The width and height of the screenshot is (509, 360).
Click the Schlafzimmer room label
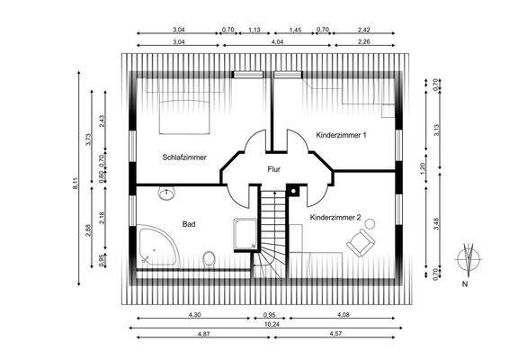184,157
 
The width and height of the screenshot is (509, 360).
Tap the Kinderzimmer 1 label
341,135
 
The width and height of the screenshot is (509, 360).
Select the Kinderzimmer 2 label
335,218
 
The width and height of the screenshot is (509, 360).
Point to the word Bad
189,224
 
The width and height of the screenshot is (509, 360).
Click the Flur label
273,169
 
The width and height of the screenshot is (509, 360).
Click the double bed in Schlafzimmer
184,117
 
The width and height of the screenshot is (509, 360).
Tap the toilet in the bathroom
209,259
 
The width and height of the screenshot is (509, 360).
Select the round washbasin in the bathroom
166,193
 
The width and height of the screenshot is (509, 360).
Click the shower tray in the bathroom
246,233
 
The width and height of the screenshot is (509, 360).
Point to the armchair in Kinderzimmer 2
361,243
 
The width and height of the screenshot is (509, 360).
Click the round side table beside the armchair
370,224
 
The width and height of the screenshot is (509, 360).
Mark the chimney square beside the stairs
293,191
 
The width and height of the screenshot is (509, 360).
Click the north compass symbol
469,259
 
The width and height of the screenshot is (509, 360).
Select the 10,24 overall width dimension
272,324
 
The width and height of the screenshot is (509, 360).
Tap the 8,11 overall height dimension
75,183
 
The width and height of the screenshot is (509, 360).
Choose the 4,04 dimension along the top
277,41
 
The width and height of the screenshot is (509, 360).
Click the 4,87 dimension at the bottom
203,333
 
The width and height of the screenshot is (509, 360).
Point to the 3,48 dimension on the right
436,224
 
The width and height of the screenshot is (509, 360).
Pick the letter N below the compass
465,284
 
